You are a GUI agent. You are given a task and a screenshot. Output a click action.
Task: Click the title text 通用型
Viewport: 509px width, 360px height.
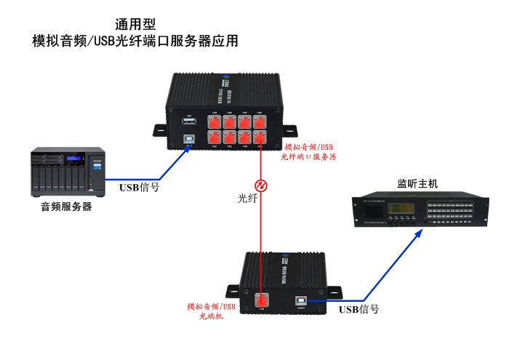(x=135, y=24)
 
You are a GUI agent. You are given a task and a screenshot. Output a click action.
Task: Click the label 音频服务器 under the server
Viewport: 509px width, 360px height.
(x=66, y=207)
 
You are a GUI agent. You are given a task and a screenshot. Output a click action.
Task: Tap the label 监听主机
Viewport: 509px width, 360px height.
(x=417, y=183)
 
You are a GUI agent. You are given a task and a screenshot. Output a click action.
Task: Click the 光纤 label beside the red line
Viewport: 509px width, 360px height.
(x=248, y=198)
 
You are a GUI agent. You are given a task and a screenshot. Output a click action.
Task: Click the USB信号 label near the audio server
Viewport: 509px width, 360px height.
(x=139, y=187)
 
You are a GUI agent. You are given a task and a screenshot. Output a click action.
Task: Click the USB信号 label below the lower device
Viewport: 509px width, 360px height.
(x=358, y=309)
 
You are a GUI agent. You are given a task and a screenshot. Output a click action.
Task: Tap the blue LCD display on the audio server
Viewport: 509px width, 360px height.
(x=73, y=159)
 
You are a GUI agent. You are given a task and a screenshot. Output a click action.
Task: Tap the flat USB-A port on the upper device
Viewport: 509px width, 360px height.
(x=189, y=122)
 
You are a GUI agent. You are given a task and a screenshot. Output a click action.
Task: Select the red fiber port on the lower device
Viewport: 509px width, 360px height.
(x=262, y=298)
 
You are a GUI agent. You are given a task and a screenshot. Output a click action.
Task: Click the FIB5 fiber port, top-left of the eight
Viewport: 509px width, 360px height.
(x=215, y=121)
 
